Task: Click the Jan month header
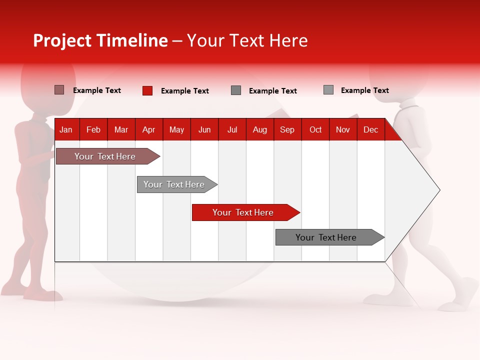66,129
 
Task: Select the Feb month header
93,129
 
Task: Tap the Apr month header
148,129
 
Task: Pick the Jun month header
204,129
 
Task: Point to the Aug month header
259,129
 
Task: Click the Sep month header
287,129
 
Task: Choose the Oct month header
315,129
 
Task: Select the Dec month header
370,129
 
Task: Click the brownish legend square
59,90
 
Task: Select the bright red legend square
147,90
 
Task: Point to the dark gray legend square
236,90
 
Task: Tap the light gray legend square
328,90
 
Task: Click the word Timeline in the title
132,40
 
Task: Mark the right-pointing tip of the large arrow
438,190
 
